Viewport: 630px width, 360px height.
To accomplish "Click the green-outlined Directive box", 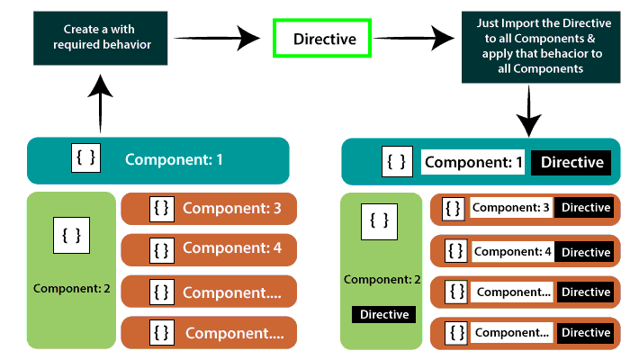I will tap(325, 39).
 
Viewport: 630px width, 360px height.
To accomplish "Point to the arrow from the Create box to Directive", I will tap(211, 38).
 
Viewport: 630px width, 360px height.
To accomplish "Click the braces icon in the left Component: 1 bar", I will tap(86, 159).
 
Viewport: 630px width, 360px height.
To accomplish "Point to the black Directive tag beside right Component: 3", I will tap(585, 208).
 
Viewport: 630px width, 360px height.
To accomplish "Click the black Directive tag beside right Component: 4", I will tap(585, 251).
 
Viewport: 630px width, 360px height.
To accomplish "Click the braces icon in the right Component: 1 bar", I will tap(397, 162).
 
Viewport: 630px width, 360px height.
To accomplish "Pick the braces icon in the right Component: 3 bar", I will tap(455, 208).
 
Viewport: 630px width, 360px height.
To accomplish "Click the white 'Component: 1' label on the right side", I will tap(473, 163).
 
